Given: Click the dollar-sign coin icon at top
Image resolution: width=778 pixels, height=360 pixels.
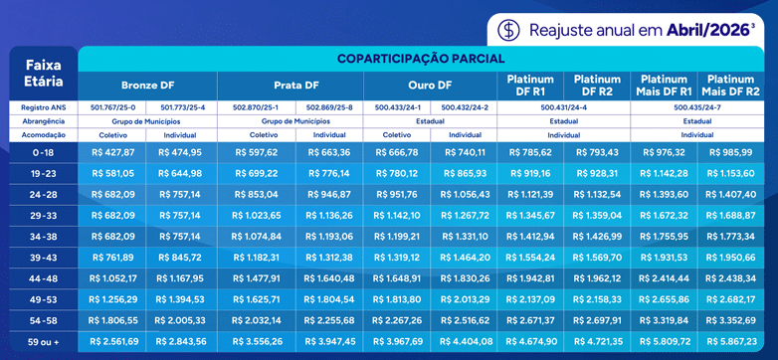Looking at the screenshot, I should pyautogui.click(x=509, y=29).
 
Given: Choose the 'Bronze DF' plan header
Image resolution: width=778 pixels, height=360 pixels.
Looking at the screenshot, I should pyautogui.click(x=149, y=85).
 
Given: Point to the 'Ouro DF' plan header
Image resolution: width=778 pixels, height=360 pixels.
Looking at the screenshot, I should pyautogui.click(x=430, y=85).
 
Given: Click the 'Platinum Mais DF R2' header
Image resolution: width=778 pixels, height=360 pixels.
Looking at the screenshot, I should pyautogui.click(x=733, y=85).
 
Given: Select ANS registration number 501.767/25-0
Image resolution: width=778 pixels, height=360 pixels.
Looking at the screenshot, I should pyautogui.click(x=112, y=106).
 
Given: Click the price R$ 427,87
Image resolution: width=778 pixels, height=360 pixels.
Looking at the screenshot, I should pyautogui.click(x=112, y=152).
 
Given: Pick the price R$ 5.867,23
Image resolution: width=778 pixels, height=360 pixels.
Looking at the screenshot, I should pyautogui.click(x=733, y=340).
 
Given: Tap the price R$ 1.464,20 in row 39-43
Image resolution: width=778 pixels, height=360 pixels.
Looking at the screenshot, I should pyautogui.click(x=465, y=257).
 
